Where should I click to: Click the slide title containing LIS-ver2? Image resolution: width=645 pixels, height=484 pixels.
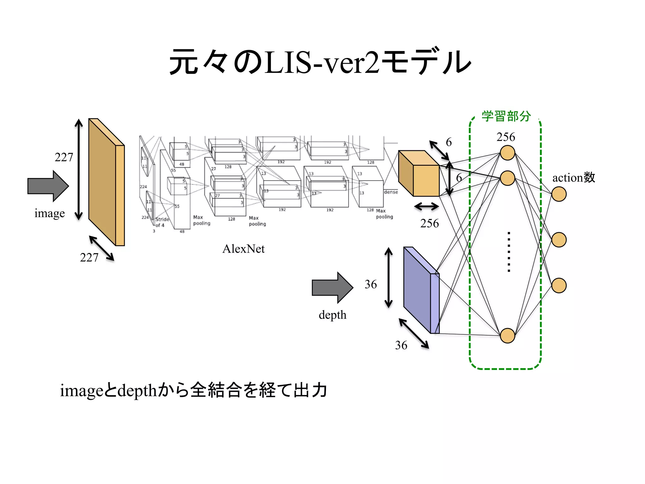point(320,62)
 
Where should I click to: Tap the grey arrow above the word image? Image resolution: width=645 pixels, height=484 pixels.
point(48,186)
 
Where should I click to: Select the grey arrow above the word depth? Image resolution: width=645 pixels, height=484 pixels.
point(332,287)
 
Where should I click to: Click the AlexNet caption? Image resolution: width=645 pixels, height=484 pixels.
point(243,249)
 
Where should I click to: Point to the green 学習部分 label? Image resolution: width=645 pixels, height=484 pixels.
point(506,116)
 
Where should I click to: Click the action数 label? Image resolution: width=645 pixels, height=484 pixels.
point(574,178)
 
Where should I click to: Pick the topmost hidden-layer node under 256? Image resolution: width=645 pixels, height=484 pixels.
point(507,153)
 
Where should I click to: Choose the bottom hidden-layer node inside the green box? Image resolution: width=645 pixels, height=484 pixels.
point(507,335)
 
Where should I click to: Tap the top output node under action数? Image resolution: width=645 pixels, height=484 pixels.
point(559,194)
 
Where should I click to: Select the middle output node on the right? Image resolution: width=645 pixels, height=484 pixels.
point(559,240)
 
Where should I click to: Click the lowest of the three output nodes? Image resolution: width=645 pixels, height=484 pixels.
point(559,285)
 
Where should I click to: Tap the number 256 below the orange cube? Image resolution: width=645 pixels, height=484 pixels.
point(429,223)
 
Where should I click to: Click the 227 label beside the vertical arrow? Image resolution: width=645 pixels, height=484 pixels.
point(64,157)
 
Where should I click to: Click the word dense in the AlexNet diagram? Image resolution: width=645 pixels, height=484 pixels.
point(391,192)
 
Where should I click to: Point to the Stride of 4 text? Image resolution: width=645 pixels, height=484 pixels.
point(162,222)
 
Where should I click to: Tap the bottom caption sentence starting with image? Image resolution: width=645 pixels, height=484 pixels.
point(193,390)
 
